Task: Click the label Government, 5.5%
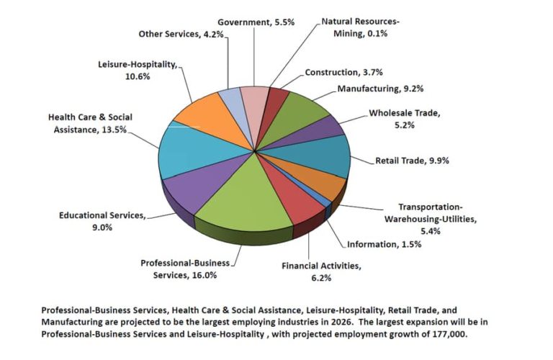[x=246, y=22]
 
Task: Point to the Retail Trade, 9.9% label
[x=412, y=161]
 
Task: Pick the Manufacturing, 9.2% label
[x=380, y=89]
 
